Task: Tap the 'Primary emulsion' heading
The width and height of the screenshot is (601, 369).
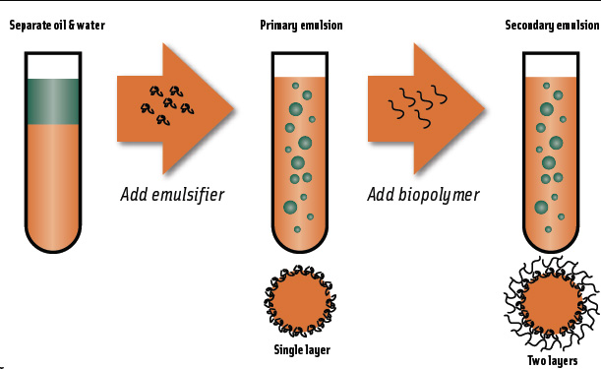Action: pyautogui.click(x=301, y=25)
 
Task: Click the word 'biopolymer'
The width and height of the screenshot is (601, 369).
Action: pyautogui.click(x=440, y=194)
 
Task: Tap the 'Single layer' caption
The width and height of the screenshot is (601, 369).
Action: pyautogui.click(x=301, y=349)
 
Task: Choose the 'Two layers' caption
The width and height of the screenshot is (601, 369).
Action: pyautogui.click(x=552, y=360)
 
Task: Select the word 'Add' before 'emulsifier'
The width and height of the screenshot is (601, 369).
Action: pyautogui.click(x=135, y=194)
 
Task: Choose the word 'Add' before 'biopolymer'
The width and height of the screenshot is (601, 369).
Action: pyautogui.click(x=382, y=194)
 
